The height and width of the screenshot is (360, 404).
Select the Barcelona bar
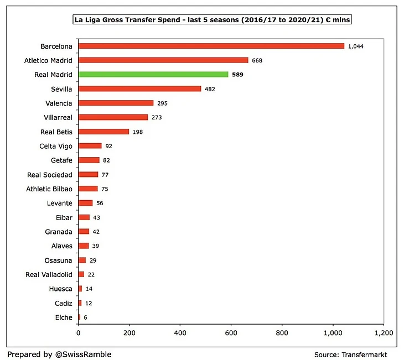(x=211, y=46)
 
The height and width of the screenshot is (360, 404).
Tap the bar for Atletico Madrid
(x=163, y=60)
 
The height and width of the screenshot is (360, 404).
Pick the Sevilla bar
(x=139, y=88)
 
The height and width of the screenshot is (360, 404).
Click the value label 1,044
(x=355, y=46)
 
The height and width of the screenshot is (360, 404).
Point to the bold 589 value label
(x=237, y=75)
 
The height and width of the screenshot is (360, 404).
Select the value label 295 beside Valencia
(x=162, y=103)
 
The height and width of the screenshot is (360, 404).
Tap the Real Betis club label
(x=56, y=132)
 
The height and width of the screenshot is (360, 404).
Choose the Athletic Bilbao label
(x=50, y=189)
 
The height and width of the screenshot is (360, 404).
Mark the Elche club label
(x=64, y=317)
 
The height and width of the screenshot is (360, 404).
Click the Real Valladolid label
(x=49, y=274)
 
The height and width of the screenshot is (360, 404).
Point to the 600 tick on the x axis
(x=231, y=333)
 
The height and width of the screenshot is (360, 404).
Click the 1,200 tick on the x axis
(x=383, y=333)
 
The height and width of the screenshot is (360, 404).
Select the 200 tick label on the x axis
(x=129, y=333)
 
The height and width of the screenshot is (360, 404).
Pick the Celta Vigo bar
(x=90, y=146)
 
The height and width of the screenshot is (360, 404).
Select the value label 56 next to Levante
(x=100, y=203)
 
